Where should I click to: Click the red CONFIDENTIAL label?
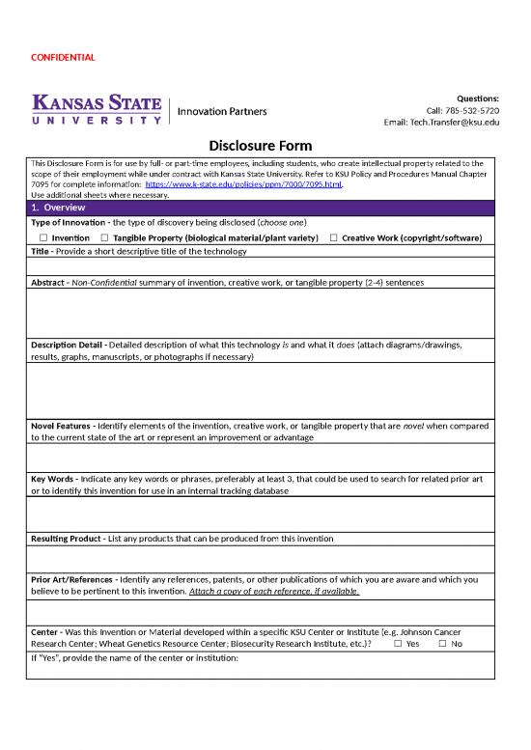[x=62, y=58]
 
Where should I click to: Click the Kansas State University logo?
[x=98, y=107]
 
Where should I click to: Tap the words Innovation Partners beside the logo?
[x=221, y=111]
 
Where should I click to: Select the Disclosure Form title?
[x=261, y=146]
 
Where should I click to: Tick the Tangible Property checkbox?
[x=104, y=237]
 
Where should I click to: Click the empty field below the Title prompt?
[x=261, y=266]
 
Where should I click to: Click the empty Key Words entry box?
[x=261, y=514]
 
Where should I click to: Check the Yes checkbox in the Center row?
[x=398, y=644]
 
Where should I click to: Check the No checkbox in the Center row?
[x=442, y=644]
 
